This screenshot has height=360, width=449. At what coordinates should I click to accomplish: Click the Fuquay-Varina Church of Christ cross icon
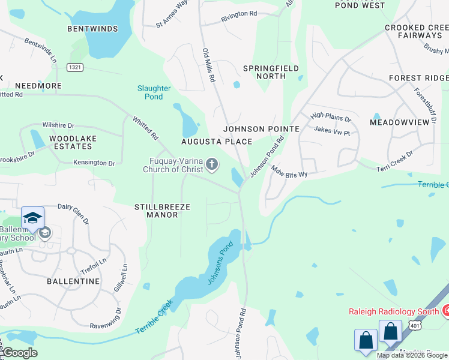click(212, 164)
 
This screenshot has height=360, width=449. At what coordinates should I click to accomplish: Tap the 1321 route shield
click(75, 67)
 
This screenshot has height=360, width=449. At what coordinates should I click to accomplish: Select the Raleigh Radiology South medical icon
click(446, 310)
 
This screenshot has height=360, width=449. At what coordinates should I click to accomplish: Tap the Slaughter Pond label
click(154, 92)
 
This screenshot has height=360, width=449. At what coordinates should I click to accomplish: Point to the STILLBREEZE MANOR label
click(162, 211)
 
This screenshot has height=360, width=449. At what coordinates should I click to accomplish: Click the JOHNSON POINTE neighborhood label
click(261, 129)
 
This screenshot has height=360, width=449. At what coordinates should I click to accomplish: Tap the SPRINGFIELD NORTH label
click(271, 73)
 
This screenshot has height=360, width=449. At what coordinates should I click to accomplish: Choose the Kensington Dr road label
click(94, 163)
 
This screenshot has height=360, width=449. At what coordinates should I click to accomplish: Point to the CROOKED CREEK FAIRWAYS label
click(417, 32)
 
